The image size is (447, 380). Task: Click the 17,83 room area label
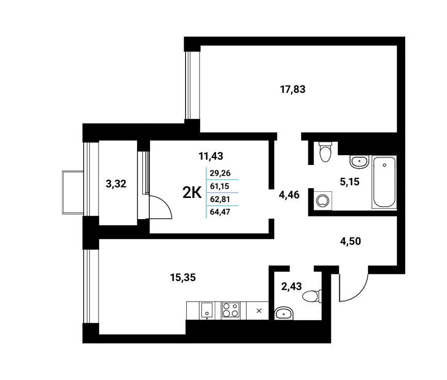(293, 90)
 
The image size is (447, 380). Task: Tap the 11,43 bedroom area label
(211, 156)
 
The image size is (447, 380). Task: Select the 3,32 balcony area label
(116, 184)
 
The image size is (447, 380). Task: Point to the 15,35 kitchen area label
(183, 277)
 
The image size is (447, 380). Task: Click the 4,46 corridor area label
(289, 195)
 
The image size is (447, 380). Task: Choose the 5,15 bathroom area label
(350, 181)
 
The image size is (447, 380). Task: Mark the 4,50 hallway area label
(351, 241)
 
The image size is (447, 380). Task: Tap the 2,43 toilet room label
(291, 286)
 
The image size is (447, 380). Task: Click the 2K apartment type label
(192, 193)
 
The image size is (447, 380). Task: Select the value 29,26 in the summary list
(220, 173)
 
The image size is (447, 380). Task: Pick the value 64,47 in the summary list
(220, 212)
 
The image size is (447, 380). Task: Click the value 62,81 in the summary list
(220, 199)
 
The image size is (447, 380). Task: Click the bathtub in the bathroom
(384, 182)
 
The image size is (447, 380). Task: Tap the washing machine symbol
(323, 201)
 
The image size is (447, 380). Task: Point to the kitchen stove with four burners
(230, 310)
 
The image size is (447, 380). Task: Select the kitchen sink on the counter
(207, 310)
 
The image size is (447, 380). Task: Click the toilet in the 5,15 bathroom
(325, 152)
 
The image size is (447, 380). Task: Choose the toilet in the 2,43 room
(312, 296)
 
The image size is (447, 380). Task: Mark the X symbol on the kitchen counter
(259, 311)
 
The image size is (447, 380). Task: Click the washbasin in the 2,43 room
(284, 313)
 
